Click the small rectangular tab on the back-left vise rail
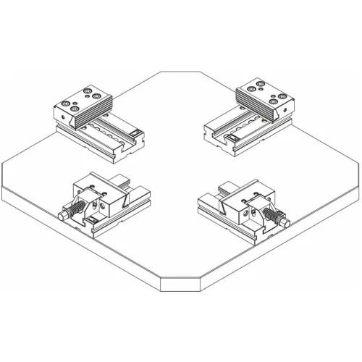[136, 132]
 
